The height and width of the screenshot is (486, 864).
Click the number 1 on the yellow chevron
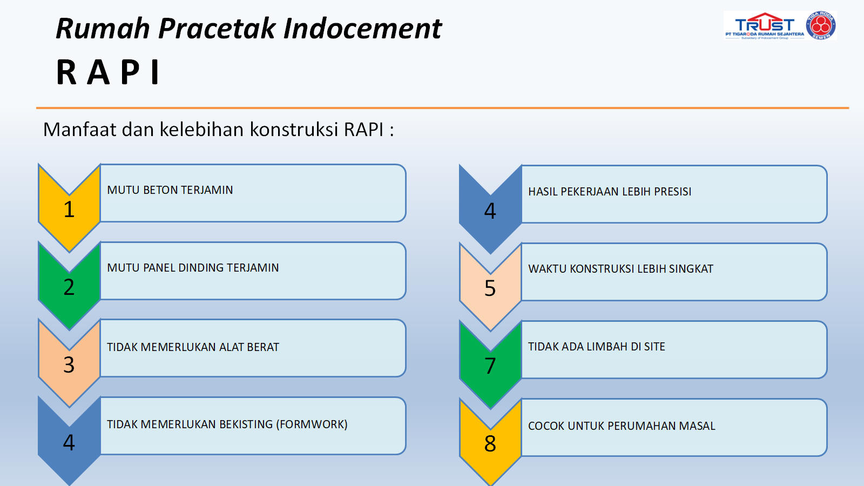coord(69,210)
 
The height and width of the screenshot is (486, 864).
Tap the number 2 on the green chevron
coord(69,287)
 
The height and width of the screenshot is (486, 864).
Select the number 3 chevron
coord(69,363)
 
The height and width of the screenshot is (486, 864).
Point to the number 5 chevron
coord(490,287)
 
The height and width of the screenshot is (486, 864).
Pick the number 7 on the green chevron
coord(490,366)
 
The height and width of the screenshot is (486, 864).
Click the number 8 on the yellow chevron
coord(490,443)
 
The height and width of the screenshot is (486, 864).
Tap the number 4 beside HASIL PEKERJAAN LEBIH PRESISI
coord(490,211)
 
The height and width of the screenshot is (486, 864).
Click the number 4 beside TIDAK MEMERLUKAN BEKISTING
coord(69,442)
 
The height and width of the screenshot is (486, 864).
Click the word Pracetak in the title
coord(217,29)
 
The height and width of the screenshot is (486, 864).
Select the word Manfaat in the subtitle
coord(80,129)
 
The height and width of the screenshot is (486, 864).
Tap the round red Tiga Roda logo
coord(821,25)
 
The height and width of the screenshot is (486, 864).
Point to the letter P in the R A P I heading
coord(130,72)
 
